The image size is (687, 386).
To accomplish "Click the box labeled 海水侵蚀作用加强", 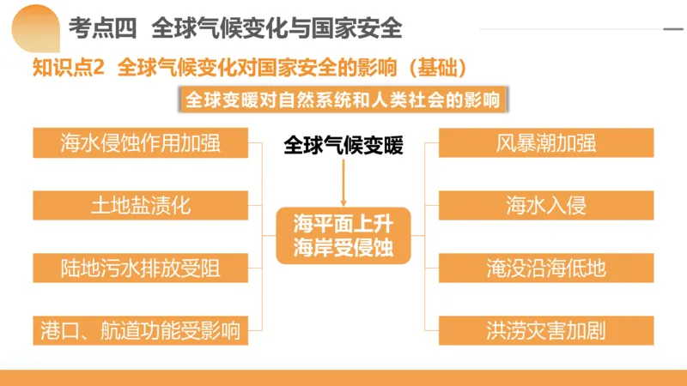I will coord(141,143).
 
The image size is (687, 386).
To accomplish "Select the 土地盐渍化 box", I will coord(141,206).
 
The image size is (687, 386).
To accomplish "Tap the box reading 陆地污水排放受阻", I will coord(141,268).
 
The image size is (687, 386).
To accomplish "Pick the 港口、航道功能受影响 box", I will coord(141,330).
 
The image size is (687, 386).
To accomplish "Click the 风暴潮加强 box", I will coord(546,143).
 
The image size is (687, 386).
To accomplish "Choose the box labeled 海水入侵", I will coord(546,206).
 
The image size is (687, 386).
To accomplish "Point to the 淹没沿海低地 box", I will coord(546,268).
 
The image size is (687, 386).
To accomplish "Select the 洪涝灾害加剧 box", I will coord(546,330).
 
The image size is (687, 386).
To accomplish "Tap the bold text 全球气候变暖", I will coord(343,146).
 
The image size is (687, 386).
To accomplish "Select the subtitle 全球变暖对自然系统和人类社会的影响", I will coord(343,100).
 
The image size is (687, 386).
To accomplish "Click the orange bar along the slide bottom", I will coord(343,377).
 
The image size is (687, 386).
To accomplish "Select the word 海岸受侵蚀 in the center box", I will coord(343,248).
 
